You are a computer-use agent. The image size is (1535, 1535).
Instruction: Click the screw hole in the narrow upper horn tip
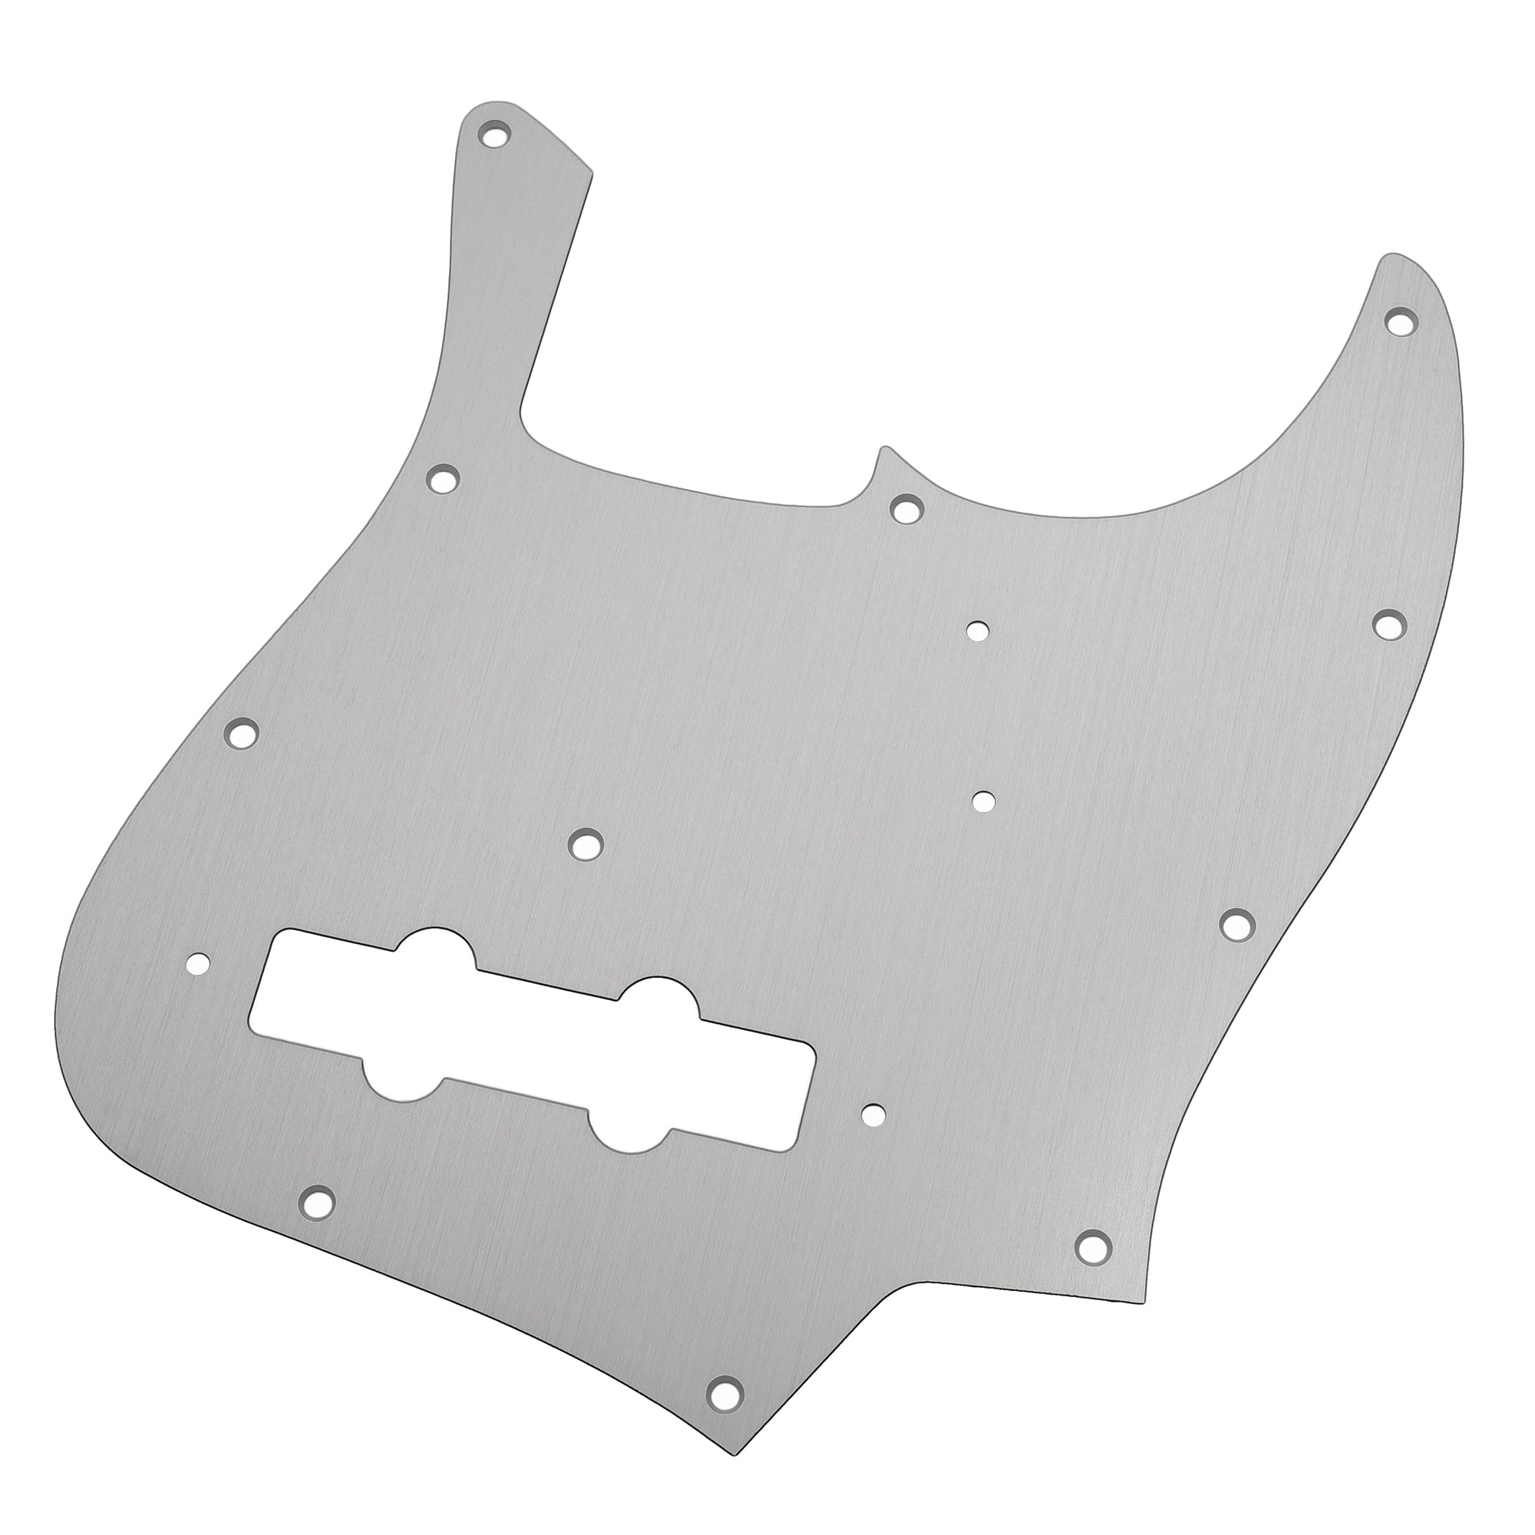click(494, 133)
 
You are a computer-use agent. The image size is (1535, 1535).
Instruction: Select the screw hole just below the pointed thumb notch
click(906, 507)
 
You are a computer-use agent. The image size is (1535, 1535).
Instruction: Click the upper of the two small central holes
click(978, 631)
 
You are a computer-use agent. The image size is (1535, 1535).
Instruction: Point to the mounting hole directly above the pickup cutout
click(586, 843)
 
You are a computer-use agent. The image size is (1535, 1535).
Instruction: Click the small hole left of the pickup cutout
click(199, 965)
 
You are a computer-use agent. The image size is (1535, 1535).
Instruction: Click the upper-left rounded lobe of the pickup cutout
click(434, 950)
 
